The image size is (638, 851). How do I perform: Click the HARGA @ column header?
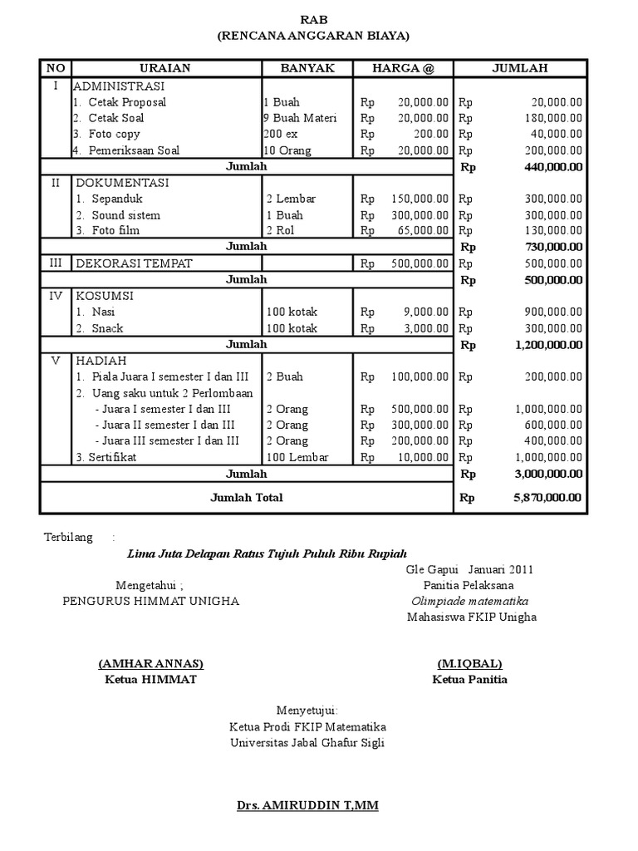(x=403, y=68)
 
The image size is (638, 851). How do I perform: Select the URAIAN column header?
(x=165, y=68)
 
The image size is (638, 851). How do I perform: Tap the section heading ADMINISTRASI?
(x=119, y=86)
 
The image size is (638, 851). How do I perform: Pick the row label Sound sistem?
(x=125, y=215)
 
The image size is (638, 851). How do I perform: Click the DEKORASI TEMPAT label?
(x=134, y=263)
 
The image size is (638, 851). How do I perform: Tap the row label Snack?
(x=107, y=328)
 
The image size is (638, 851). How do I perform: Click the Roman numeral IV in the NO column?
(x=56, y=296)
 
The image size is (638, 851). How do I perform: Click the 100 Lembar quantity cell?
(x=297, y=457)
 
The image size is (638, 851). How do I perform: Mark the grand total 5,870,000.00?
(x=547, y=498)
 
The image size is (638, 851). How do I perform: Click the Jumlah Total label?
(x=247, y=498)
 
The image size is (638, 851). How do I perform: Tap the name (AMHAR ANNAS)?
(x=150, y=664)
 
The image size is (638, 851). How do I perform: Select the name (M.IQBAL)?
(x=469, y=664)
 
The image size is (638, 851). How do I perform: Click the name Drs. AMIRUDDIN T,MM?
(x=307, y=805)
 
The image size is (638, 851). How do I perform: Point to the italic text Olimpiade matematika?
(x=470, y=601)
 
